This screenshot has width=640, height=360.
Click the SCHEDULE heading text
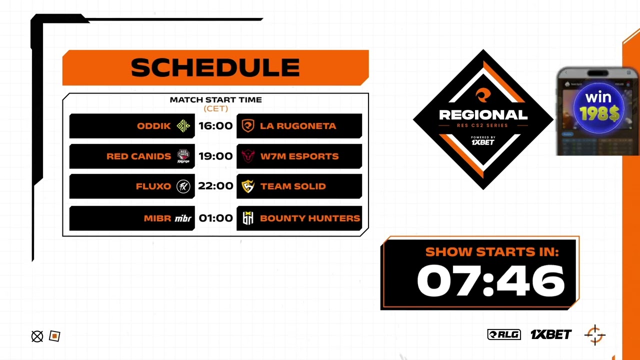(x=215, y=67)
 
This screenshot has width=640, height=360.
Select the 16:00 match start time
(x=215, y=126)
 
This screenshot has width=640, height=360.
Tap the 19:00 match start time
(x=215, y=156)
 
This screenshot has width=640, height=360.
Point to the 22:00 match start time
(x=215, y=186)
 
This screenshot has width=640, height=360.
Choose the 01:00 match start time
(x=215, y=218)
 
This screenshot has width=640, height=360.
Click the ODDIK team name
(x=154, y=126)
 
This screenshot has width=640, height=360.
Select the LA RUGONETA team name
(x=298, y=126)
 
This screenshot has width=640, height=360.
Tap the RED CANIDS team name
(x=138, y=156)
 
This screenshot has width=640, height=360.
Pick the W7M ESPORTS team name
(x=299, y=156)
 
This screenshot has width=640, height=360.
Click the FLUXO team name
(x=153, y=186)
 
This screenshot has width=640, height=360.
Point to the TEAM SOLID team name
(x=293, y=186)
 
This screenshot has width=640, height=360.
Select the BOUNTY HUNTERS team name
(x=310, y=218)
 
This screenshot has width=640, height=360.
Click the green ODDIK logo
(x=183, y=126)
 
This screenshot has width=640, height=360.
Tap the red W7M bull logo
(x=248, y=156)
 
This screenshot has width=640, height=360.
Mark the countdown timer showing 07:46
(x=490, y=280)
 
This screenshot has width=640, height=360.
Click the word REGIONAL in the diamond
(x=483, y=115)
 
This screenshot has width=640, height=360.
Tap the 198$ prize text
(x=599, y=114)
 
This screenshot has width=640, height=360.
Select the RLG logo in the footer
(x=504, y=334)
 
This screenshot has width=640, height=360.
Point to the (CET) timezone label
(x=215, y=108)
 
